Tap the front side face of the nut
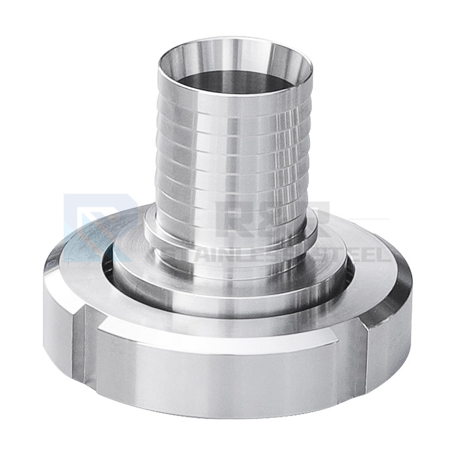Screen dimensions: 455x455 pyautogui.click(x=227, y=377)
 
